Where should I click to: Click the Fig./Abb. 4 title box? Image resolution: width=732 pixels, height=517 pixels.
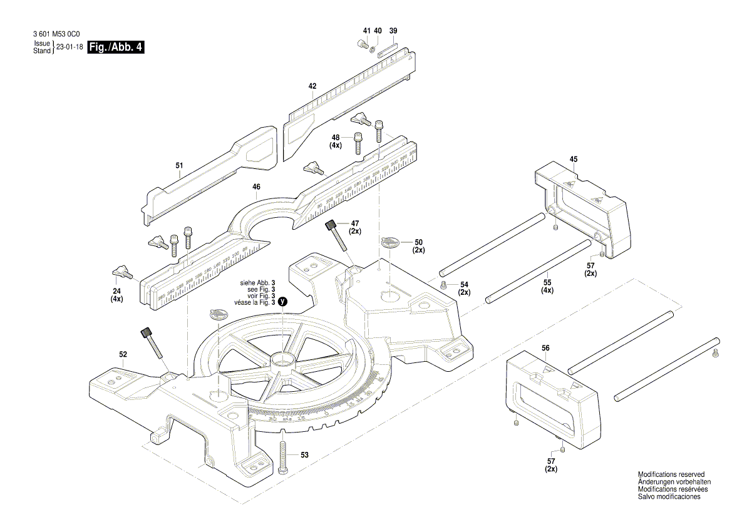pos(116,47)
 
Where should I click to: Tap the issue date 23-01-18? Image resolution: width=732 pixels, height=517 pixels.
pos(70,47)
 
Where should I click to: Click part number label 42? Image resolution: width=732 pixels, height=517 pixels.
pos(312,86)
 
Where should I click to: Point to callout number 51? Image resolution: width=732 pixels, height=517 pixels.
pos(180,166)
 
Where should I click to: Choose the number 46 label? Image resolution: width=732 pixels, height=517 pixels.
pos(256,187)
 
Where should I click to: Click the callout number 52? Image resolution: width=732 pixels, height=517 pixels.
pos(123,354)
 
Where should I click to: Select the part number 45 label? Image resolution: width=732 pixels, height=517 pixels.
pos(573,159)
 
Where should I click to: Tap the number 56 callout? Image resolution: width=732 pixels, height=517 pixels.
pos(545,348)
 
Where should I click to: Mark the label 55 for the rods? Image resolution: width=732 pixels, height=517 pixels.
pos(547,283)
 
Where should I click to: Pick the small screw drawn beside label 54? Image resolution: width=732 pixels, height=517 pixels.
pos(443,285)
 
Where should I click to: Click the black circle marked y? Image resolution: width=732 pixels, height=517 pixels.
pos(283,301)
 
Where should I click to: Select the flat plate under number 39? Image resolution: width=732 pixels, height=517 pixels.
pos(389,46)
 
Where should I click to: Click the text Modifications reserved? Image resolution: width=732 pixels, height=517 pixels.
pos(671,475)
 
